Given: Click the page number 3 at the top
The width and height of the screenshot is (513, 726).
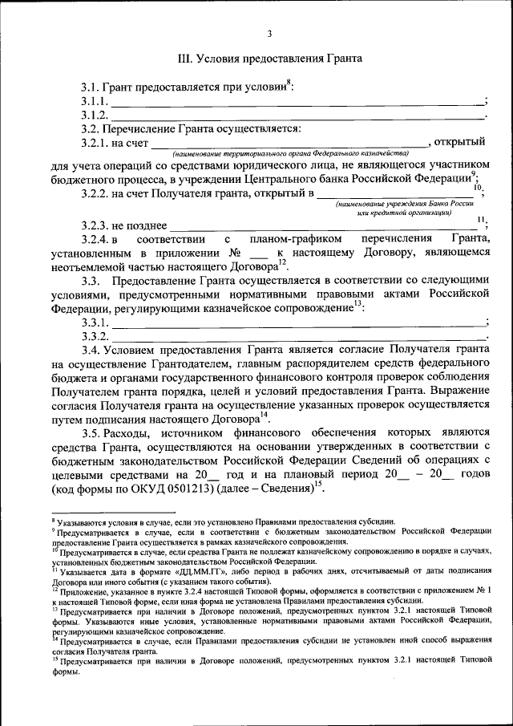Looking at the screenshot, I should pyautogui.click(x=269, y=33).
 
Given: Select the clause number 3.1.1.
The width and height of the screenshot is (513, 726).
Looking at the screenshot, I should pyautogui.click(x=94, y=101).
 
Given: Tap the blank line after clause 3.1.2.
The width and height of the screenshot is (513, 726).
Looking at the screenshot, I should pyautogui.click(x=297, y=116).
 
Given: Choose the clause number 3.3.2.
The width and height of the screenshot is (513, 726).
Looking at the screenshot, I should pyautogui.click(x=94, y=335).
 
